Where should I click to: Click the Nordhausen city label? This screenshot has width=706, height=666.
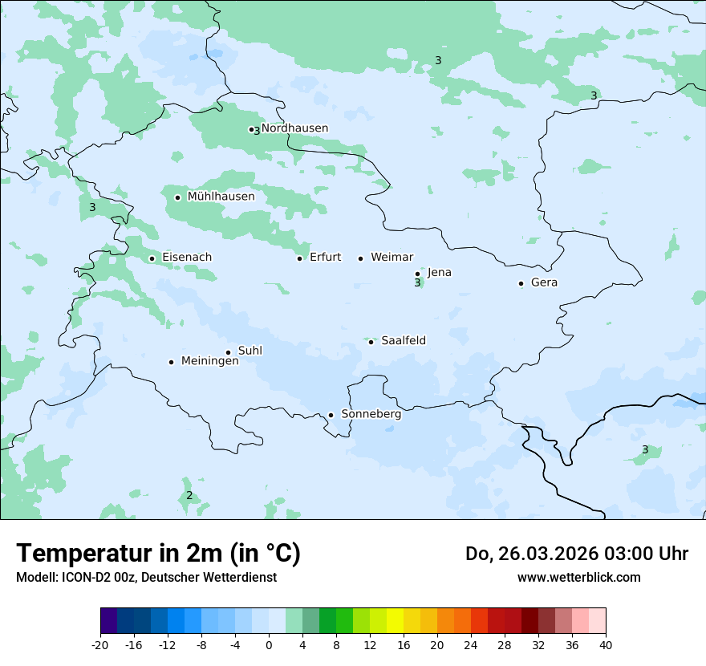(x=294, y=128)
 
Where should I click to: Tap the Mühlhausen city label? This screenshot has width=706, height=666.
(x=221, y=197)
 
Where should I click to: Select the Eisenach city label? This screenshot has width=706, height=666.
(x=187, y=258)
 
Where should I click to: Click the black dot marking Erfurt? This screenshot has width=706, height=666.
(x=300, y=258)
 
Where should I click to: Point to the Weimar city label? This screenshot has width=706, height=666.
(x=392, y=258)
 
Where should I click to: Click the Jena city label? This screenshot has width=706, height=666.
(x=439, y=273)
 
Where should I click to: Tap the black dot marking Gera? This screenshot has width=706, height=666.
(x=521, y=283)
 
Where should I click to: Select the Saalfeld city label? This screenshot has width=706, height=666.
(x=404, y=341)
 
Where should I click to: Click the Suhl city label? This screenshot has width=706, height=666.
(x=250, y=351)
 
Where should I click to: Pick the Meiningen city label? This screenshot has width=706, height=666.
(x=209, y=361)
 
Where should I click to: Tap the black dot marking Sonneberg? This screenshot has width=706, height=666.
(x=331, y=416)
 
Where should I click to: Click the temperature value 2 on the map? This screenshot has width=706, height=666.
(x=189, y=496)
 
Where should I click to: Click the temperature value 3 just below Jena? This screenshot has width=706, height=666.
(x=417, y=283)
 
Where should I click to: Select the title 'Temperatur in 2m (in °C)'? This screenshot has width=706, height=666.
(x=158, y=554)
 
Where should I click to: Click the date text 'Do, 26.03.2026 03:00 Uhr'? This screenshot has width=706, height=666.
(x=577, y=554)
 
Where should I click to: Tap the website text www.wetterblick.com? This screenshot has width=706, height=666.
(x=578, y=577)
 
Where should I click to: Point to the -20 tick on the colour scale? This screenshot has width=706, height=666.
(x=100, y=644)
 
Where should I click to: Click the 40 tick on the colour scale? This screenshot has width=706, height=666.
(x=606, y=644)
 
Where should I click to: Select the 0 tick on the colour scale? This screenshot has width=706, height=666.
(x=269, y=644)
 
